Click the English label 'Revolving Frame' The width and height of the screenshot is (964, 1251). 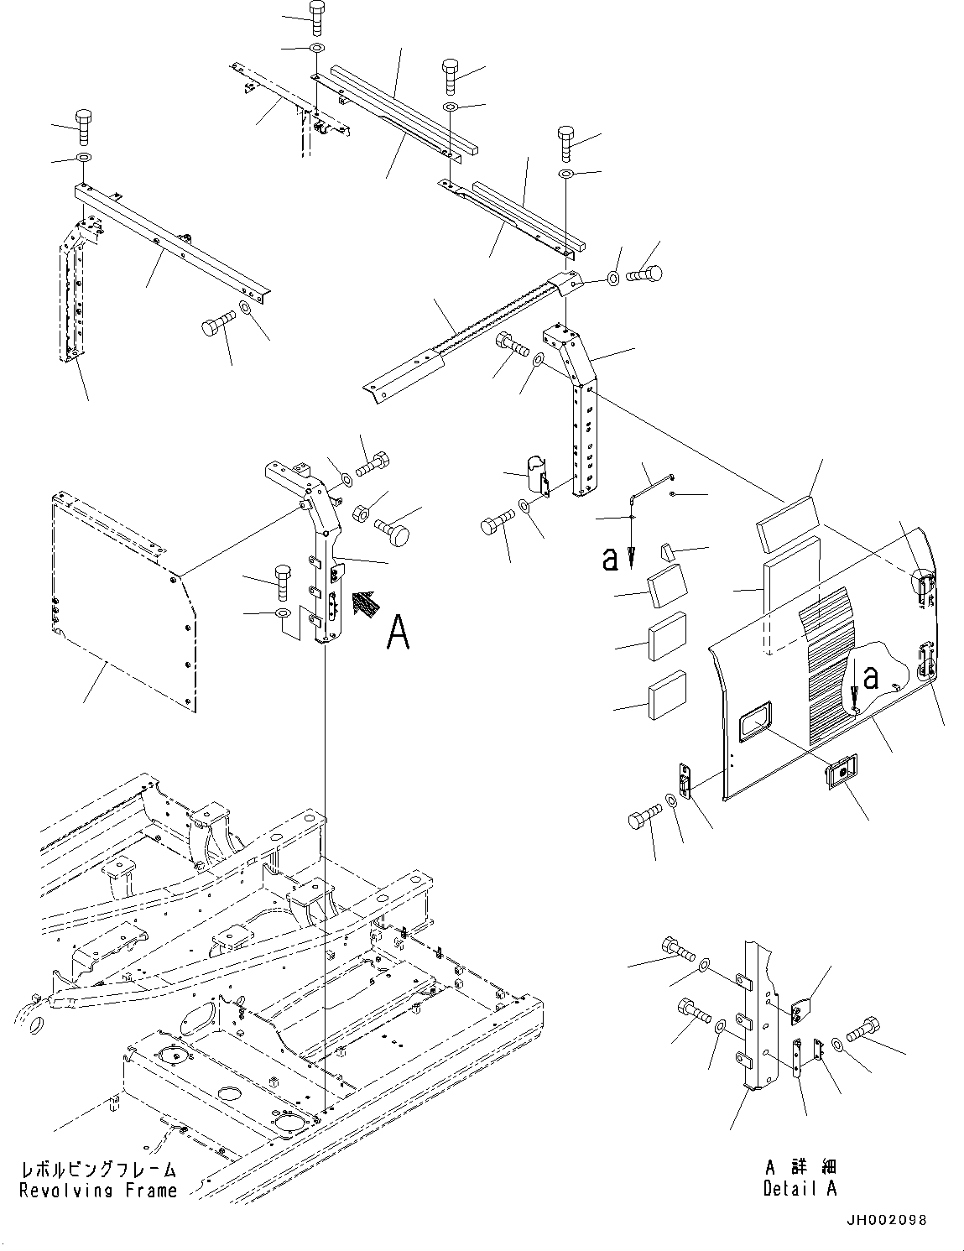pos(98,1190)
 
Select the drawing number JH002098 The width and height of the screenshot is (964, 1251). pos(887,1221)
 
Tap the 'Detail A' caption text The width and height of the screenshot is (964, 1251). pos(800,1188)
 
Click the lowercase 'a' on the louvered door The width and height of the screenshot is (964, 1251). pos(871,677)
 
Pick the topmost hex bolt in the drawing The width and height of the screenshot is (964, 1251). pos(316,17)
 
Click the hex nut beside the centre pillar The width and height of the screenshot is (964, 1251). pos(362,511)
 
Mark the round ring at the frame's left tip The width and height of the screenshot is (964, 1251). pos(30,1025)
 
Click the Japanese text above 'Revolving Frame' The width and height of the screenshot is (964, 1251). pos(98,1170)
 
